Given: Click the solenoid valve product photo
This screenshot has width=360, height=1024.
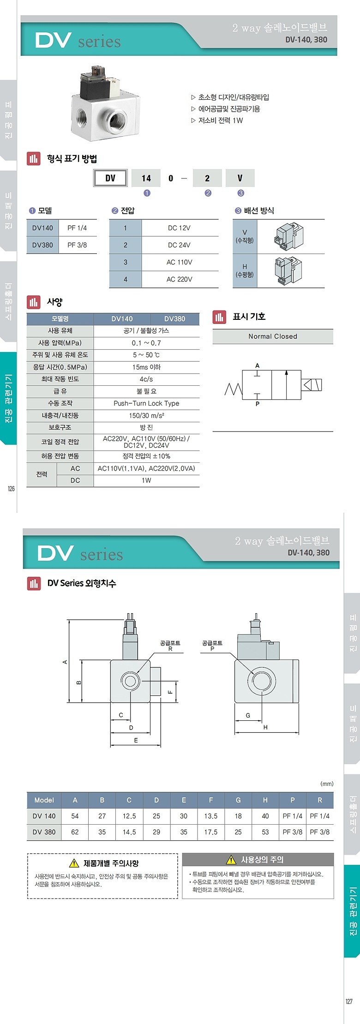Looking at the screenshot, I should point(105,104).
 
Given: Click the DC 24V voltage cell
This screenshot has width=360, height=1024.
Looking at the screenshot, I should point(179,245).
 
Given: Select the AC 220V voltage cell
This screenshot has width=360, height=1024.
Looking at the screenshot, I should point(179,279).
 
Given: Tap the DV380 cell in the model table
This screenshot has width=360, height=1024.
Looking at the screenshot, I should point(42,245).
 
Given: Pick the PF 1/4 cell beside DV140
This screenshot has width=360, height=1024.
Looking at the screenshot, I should point(77,228).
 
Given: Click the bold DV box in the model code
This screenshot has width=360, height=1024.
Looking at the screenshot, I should point(110,178).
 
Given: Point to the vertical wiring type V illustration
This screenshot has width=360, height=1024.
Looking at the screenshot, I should point(288,236).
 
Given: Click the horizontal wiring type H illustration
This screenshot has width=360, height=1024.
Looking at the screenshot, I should point(288,271).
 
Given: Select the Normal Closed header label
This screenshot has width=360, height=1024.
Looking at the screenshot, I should point(272,336).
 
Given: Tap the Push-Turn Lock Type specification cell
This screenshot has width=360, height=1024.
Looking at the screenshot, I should point(146,403).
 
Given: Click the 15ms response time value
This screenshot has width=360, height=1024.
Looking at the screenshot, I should point(146,367).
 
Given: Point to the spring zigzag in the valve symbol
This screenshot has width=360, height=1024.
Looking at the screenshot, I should point(233,389).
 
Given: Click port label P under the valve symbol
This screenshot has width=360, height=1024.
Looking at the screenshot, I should point(258,404).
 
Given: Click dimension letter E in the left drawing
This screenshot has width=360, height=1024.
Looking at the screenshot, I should point(136,740).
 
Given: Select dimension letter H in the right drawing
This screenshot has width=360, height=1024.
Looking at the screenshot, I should point(265,727).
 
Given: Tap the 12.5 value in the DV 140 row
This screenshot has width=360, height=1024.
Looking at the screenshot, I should point(129,816).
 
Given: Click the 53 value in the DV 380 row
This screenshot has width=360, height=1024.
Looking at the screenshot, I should point(265,832).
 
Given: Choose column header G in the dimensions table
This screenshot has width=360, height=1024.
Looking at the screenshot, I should point(238,800).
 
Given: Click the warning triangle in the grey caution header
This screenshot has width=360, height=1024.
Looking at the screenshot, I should point(231,860).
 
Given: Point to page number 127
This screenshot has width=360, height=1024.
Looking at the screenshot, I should point(349,1001).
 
